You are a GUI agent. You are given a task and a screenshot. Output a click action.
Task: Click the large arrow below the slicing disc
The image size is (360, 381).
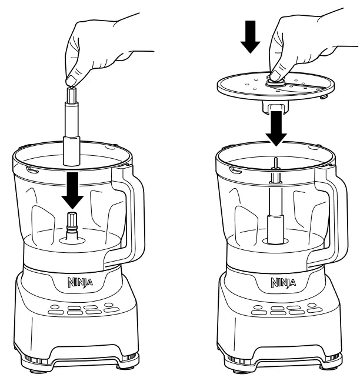click(x=275, y=128)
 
